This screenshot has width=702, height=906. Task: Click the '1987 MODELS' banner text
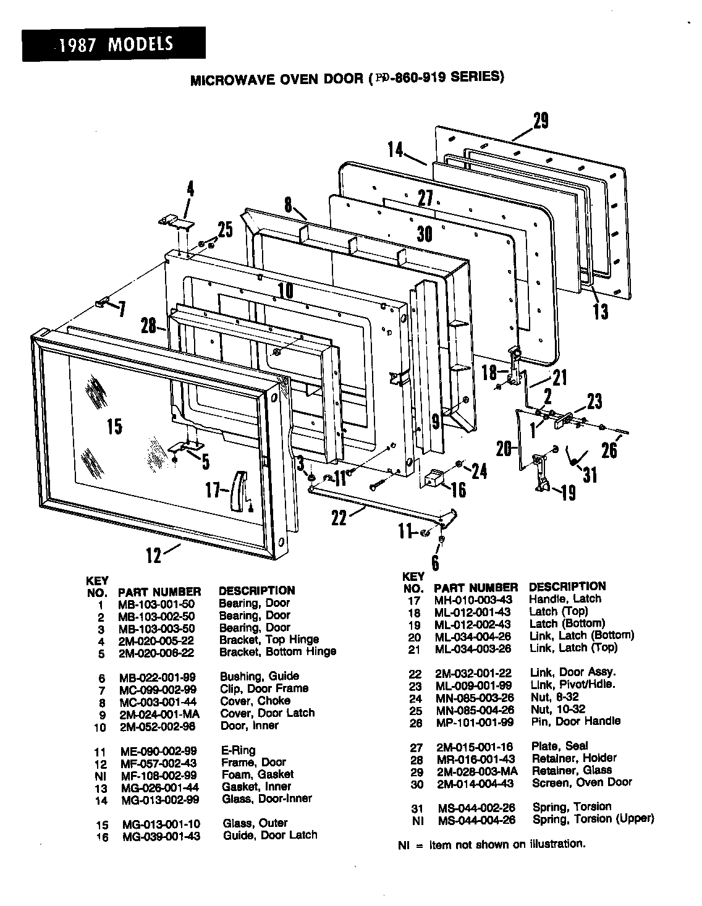114,44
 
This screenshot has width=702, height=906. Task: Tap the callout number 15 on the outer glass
114,426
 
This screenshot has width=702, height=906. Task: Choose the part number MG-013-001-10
161,824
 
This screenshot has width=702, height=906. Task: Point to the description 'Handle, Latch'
565,599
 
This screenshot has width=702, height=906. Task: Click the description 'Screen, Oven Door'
581,782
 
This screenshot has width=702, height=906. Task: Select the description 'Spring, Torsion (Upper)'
593,819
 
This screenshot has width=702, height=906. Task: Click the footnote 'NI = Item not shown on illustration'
491,844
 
